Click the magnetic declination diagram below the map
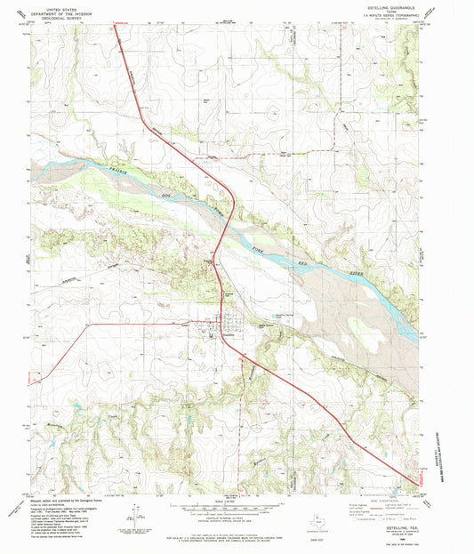click(133, 513)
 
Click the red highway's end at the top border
click(115, 26)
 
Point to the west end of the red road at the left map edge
click(33, 382)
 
